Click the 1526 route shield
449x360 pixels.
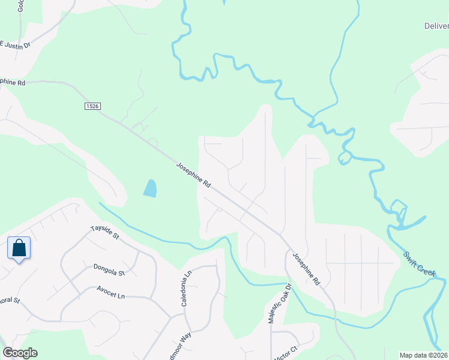pyautogui.click(x=92, y=106)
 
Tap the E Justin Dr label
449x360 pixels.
pyautogui.click(x=14, y=44)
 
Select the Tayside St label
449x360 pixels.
pyautogui.click(x=105, y=233)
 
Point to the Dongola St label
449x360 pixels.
pyautogui.click(x=109, y=269)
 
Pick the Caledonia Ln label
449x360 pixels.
pyautogui.click(x=186, y=289)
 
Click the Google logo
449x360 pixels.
pyautogui.click(x=20, y=352)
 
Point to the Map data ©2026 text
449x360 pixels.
pyautogui.click(x=423, y=355)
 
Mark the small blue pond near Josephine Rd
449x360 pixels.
pyautogui.click(x=150, y=188)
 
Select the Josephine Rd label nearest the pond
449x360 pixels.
pyautogui.click(x=194, y=175)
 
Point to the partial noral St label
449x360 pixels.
pyautogui.click(x=10, y=300)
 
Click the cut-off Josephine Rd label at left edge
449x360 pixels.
pyautogui.click(x=13, y=81)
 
